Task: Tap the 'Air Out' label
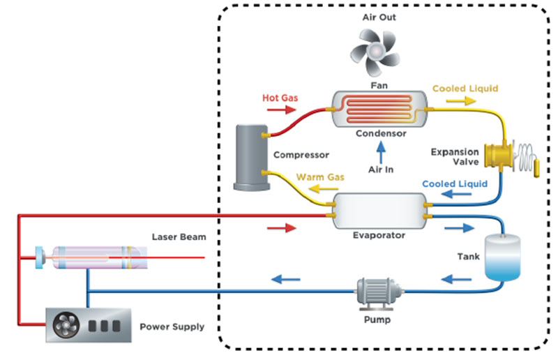379,17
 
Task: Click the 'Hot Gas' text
280,98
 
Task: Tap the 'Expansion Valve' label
455,158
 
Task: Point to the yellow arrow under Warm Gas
319,188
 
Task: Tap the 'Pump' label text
377,320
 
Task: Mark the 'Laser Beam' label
179,237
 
